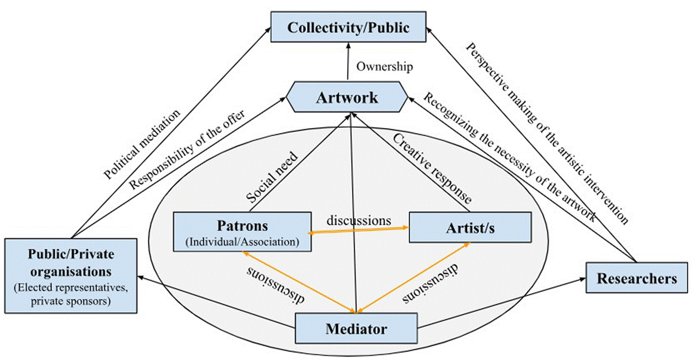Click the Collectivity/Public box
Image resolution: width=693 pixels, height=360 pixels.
348,27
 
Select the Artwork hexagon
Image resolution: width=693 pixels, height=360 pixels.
347,97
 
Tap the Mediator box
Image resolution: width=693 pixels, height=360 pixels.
356,329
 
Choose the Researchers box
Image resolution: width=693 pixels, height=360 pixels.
637,278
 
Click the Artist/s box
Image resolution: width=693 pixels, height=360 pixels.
470,227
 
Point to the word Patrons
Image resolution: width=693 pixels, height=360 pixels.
242,225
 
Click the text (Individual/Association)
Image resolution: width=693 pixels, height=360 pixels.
242,242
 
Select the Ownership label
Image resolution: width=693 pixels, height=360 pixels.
385,66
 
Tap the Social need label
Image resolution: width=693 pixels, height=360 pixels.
272,177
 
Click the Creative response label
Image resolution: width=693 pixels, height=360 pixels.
432,169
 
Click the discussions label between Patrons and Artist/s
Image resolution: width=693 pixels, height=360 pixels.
359,221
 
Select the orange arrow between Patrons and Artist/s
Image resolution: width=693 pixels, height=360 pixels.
358,230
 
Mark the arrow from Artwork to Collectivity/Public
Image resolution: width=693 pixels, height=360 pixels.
348,61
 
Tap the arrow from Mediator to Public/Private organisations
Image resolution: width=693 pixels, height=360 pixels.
216,302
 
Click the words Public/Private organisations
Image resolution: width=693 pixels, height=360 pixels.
71,263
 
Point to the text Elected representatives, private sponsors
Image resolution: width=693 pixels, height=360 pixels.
71,294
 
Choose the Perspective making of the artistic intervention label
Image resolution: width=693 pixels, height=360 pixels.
547,133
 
